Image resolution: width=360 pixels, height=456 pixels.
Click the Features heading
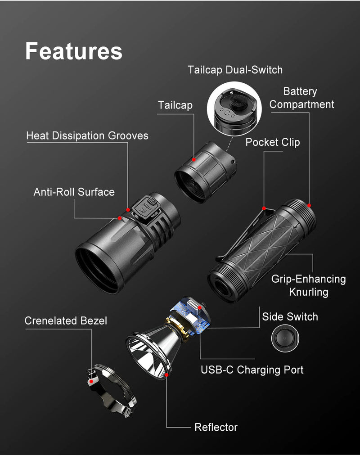73,51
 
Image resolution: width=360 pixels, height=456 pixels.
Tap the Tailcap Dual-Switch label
235,70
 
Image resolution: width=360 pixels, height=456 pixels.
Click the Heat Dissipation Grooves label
87,135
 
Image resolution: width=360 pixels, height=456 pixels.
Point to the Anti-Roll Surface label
74,192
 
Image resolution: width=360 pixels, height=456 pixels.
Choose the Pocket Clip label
272,142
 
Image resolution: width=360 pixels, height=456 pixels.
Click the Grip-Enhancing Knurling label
308,285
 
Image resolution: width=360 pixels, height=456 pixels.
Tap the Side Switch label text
290,316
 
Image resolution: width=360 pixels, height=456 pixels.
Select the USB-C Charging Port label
252,370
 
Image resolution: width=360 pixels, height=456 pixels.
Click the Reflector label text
216,427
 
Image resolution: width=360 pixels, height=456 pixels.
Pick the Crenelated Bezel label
66,321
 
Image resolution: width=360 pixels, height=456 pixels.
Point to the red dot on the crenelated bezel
91,381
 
